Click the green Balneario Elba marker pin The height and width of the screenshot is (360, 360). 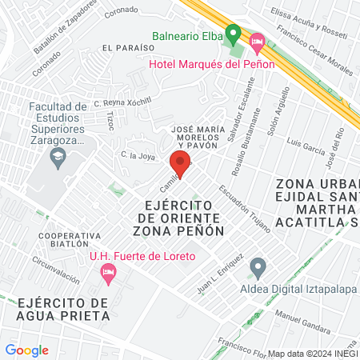tap(233, 34)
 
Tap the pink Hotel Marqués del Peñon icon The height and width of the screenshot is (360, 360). tap(257, 41)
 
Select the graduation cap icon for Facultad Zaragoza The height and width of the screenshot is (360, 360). tap(58, 157)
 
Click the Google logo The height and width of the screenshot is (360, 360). tap(27, 350)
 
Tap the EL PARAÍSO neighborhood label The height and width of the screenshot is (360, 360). tap(122, 49)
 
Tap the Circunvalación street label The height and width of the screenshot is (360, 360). tap(56, 270)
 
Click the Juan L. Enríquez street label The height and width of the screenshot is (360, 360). tap(220, 274)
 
